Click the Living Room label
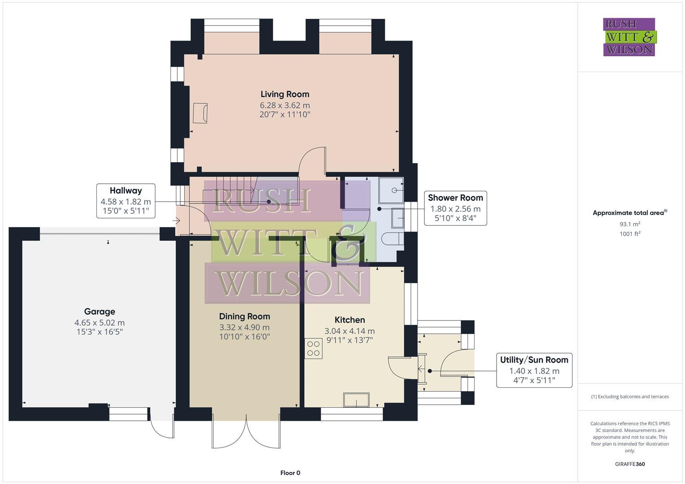coord(285,94)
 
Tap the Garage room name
coord(100,311)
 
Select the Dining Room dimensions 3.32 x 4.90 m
coord(244,328)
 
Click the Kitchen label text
coord(349,320)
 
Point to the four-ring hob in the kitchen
coord(314,348)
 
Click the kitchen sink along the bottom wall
coord(356,400)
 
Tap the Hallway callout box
coord(126,201)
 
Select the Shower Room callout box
coord(455,208)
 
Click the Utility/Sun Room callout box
coord(534,370)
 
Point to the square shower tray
coord(391,190)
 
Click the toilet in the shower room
coord(394,239)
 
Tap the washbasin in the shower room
coord(398,218)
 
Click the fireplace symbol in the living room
coord(200,113)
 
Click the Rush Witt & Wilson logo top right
coord(629,37)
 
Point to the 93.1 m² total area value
coord(630,224)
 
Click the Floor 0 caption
coord(290,473)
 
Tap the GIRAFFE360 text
coord(630,464)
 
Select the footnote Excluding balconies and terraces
coord(630,397)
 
